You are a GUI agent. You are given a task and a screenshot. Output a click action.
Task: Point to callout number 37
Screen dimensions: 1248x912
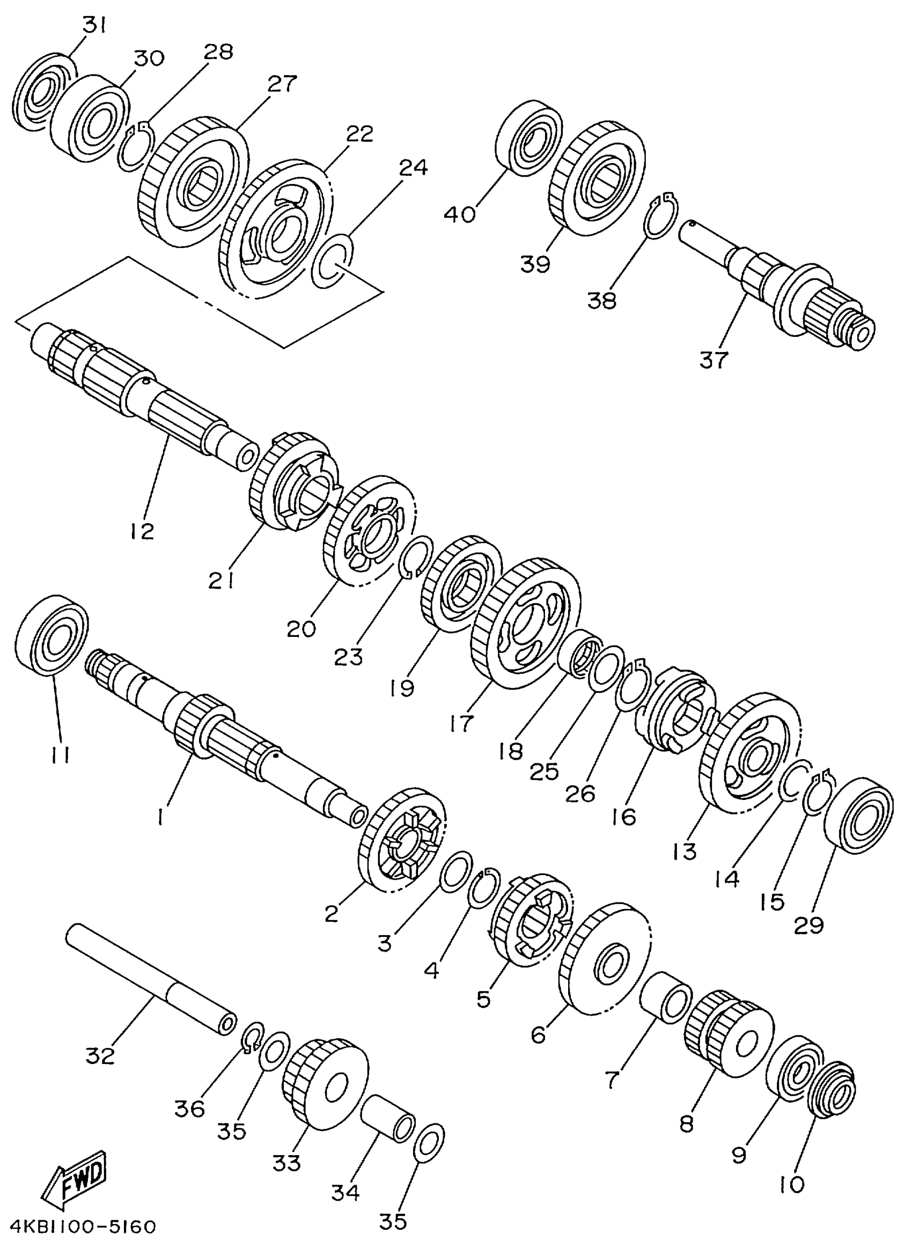click(714, 361)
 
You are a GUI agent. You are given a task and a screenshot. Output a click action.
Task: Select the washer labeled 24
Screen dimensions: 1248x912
click(332, 261)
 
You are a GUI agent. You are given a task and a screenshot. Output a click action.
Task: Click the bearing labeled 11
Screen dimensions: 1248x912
click(52, 635)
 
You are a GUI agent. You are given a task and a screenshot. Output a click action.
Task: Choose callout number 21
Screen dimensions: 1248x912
click(222, 580)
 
